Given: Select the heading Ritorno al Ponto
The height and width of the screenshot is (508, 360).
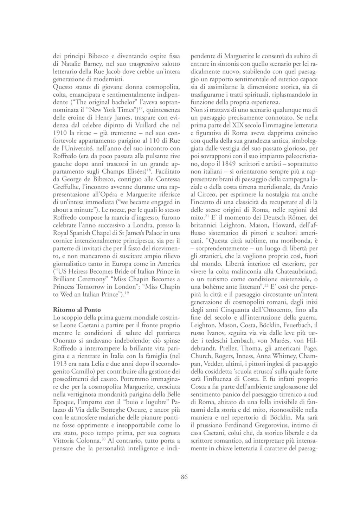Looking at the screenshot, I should point(77,310).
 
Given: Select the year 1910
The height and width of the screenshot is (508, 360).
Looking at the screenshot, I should point(60,134).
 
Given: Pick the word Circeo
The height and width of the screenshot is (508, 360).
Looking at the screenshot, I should point(208,195).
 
